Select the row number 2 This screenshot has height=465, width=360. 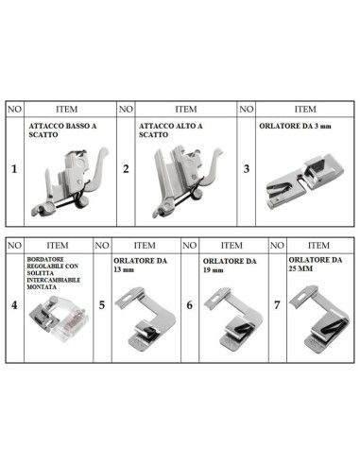pyautogui.click(x=127, y=170)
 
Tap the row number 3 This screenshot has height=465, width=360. pyautogui.click(x=246, y=170)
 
